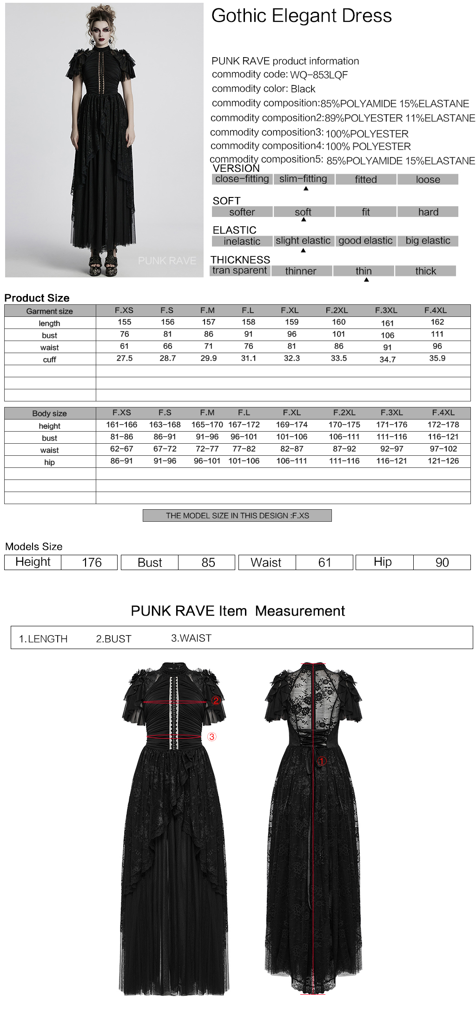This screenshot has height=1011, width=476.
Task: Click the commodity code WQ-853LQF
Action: [x=319, y=75]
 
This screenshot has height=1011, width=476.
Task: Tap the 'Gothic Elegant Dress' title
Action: [x=301, y=16]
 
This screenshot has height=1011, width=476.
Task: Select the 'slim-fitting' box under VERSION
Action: [x=304, y=179]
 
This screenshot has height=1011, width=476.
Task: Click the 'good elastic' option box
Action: [x=365, y=241]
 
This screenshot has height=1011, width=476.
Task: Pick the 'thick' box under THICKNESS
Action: [x=425, y=271]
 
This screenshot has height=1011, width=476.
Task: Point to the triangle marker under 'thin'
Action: [x=366, y=280]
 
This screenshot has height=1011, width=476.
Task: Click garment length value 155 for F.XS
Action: [x=125, y=322]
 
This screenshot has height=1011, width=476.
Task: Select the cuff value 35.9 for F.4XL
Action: [x=437, y=358]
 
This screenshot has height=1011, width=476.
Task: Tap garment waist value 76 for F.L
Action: [x=249, y=346]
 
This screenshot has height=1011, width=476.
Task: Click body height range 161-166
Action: [x=121, y=425]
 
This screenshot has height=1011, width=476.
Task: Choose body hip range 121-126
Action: [x=443, y=461]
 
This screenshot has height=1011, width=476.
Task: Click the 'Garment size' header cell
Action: [x=50, y=311]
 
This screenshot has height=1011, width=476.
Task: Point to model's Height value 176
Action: [x=92, y=563]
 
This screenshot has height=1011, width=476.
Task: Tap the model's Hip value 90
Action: [x=442, y=563]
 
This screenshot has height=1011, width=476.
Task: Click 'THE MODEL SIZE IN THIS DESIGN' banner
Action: [x=237, y=516]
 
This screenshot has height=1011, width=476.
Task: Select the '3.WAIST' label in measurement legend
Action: [x=191, y=638]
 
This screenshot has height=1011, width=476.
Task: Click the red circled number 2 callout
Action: [x=216, y=701]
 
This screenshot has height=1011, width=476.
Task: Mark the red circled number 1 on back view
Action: [x=321, y=761]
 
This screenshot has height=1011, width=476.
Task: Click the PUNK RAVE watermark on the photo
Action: [x=167, y=261]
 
